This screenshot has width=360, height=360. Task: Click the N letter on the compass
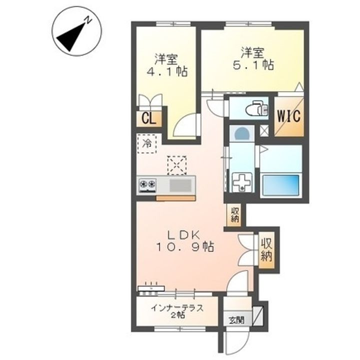point(87,20)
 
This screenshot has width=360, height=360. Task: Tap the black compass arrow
point(70,37)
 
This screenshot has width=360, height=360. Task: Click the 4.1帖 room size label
point(167,71)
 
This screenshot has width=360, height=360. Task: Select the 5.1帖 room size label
point(253,65)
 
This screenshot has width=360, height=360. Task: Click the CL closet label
point(148,119)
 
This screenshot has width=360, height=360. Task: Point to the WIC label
point(289,116)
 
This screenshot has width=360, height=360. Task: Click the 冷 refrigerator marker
point(147,143)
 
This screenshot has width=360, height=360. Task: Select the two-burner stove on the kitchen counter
point(147,185)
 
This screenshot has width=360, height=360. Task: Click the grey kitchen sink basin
point(180,185)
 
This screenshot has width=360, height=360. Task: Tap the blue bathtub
point(281,185)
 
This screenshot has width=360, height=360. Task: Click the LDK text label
point(183,235)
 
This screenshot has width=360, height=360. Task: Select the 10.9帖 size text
point(185,247)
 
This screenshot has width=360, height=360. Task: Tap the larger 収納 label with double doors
point(266,250)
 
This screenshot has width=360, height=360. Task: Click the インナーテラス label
point(177,308)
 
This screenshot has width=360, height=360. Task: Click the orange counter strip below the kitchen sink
point(176,198)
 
